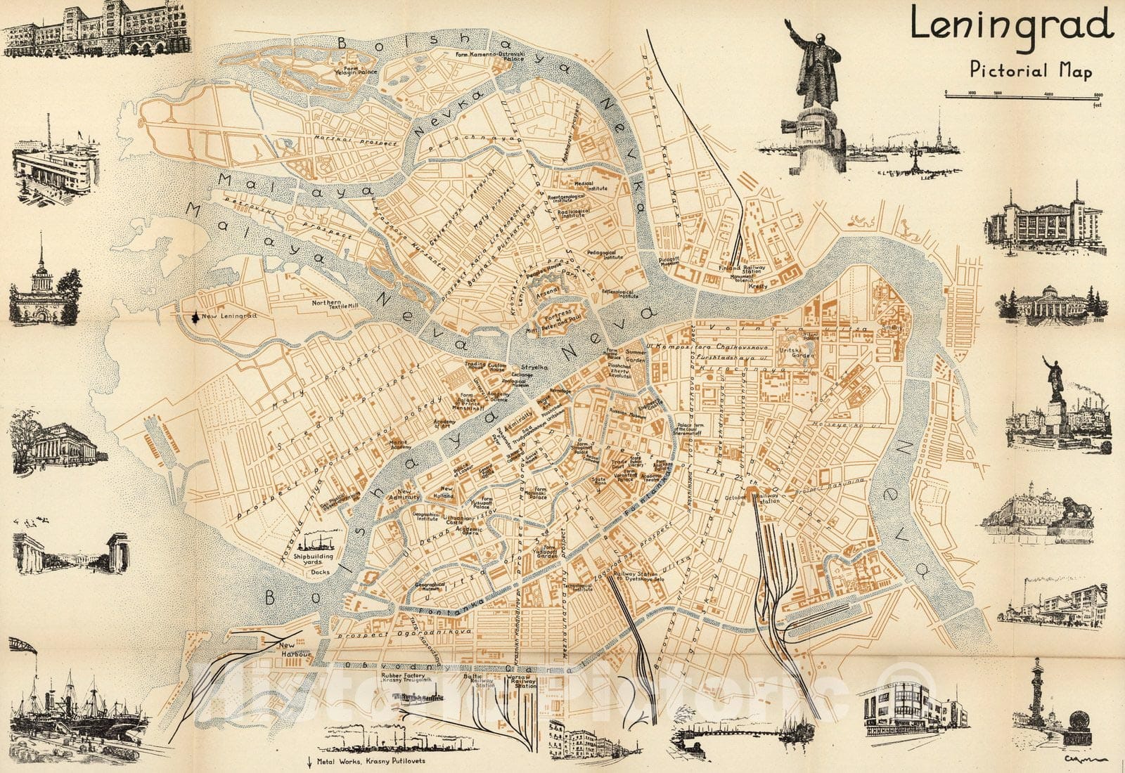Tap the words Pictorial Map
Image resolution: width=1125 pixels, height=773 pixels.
coord(1031,70)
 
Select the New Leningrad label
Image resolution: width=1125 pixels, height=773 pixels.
coord(229,317)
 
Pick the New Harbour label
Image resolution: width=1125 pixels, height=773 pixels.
coord(289,649)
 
